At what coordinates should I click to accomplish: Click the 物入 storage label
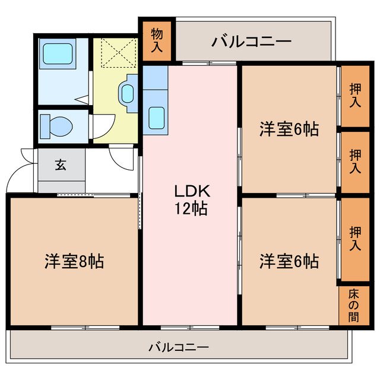point(157,40)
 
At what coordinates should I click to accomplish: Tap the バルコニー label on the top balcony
point(251,42)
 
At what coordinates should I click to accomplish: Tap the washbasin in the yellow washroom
point(128,93)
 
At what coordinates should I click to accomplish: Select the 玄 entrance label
point(61,165)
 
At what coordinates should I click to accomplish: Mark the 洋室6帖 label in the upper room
point(289,129)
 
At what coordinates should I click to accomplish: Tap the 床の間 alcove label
point(353,305)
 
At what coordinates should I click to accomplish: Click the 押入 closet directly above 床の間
point(354,237)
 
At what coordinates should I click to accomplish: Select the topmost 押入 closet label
point(354,95)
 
